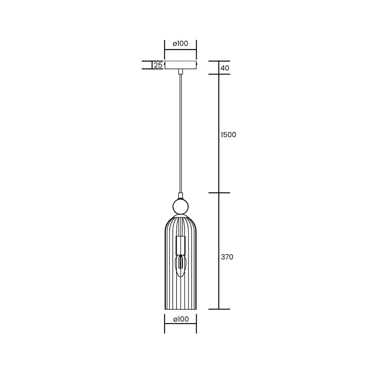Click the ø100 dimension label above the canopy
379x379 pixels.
click(180, 44)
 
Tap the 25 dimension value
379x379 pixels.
click(158, 65)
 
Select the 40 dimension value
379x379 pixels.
click(225, 68)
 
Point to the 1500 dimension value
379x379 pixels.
click(228, 135)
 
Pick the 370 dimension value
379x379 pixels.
click(227, 257)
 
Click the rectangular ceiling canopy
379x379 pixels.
click(180, 65)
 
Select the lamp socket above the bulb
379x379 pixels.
click(180, 245)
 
